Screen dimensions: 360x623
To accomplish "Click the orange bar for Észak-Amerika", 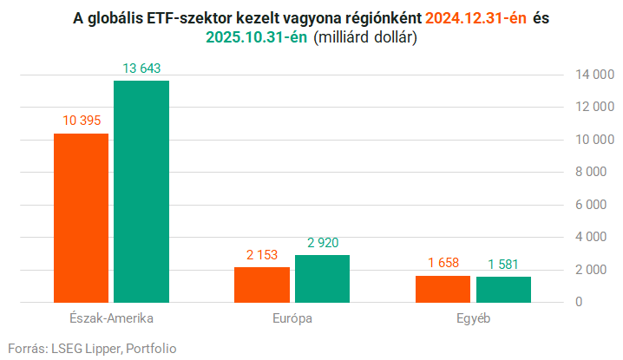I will (x=81, y=218).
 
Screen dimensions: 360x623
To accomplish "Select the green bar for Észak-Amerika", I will (x=141, y=192).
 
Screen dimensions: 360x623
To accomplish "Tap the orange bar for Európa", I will (x=262, y=285).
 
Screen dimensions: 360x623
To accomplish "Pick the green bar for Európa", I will (x=322, y=278).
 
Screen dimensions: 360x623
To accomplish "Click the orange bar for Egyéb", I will (x=443, y=289).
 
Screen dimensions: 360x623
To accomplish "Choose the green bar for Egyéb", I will (x=503, y=290).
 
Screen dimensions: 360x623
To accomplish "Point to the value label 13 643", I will (x=141, y=68).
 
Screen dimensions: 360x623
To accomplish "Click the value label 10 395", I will (x=81, y=121).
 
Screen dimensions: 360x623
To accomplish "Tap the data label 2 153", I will (x=262, y=254).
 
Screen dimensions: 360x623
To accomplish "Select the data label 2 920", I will (x=322, y=242).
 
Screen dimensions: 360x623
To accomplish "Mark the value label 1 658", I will (x=443, y=263).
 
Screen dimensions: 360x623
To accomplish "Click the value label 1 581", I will (x=503, y=264).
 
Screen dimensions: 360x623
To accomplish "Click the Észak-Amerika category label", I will (x=110, y=318).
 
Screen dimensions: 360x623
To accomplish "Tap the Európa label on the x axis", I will (x=292, y=318).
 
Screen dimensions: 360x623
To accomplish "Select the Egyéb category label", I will (x=473, y=318).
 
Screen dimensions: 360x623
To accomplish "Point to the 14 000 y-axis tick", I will (x=590, y=75).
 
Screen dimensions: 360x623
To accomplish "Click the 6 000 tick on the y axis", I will (x=593, y=205).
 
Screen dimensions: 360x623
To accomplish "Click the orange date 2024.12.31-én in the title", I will (x=475, y=17).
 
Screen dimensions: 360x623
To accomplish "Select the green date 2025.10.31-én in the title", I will (x=256, y=36).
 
